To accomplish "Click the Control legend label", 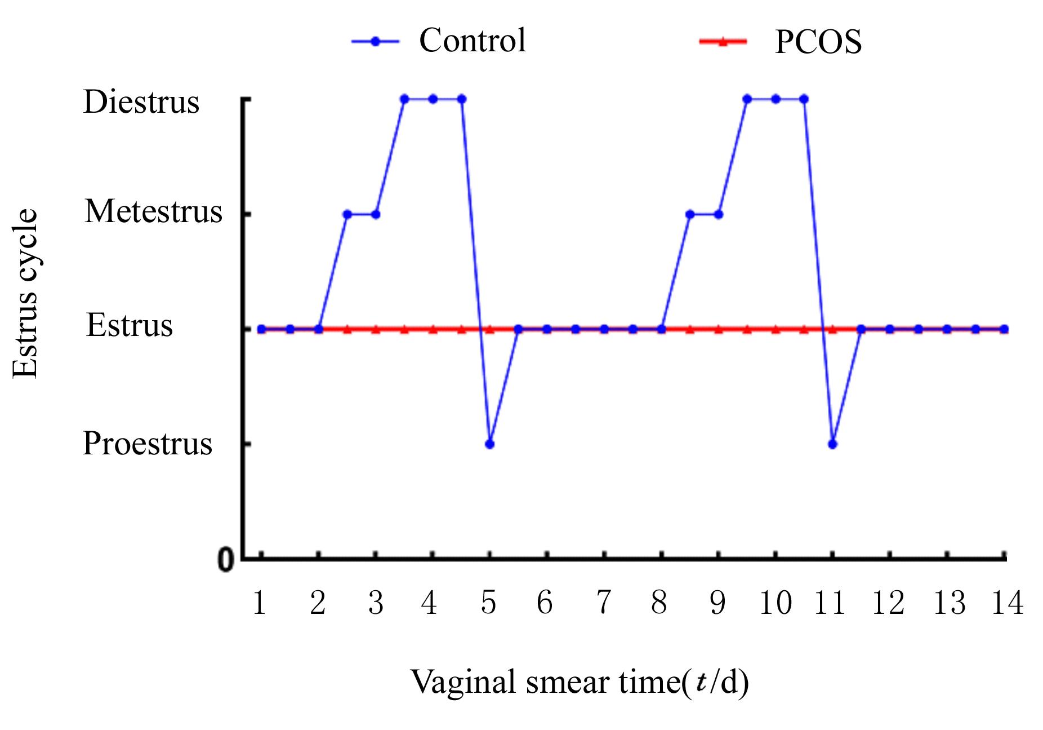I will click(x=472, y=41).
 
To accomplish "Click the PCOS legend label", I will click(x=818, y=42).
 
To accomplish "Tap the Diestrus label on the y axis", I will click(x=141, y=102).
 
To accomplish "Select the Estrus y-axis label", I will click(x=129, y=325).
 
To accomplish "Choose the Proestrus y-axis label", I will click(x=147, y=443).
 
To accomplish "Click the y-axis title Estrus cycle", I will click(x=26, y=293).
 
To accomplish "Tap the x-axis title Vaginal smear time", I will click(x=579, y=682).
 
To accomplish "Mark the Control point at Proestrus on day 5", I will click(x=489, y=444).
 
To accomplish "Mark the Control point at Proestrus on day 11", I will click(x=833, y=444).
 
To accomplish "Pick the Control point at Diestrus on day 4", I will click(x=433, y=99).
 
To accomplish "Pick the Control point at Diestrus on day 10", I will click(x=775, y=99).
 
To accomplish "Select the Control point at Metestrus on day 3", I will click(x=376, y=214).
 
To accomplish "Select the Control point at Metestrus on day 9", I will click(x=719, y=214).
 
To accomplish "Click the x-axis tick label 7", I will click(x=603, y=603).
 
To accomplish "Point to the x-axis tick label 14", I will click(x=1006, y=603).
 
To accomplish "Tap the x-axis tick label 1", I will click(x=260, y=603).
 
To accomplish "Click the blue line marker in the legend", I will click(x=375, y=41).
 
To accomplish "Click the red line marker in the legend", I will click(x=723, y=41).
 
